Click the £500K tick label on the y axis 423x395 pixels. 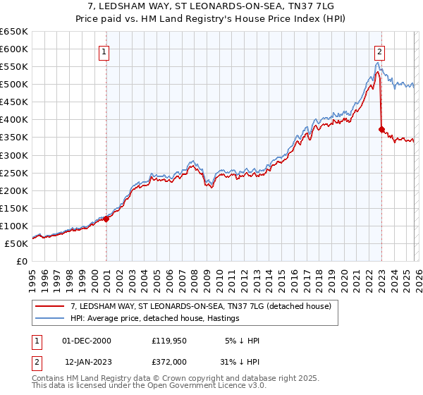(13, 85)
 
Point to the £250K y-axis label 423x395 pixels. (13, 173)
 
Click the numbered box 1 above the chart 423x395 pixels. (104, 51)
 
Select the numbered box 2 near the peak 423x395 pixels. (379, 51)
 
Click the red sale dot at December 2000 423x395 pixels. (106, 219)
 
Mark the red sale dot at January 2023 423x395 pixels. (381, 130)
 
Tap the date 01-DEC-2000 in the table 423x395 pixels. (86, 341)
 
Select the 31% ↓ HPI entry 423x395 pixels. (239, 362)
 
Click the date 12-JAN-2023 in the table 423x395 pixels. (86, 362)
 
